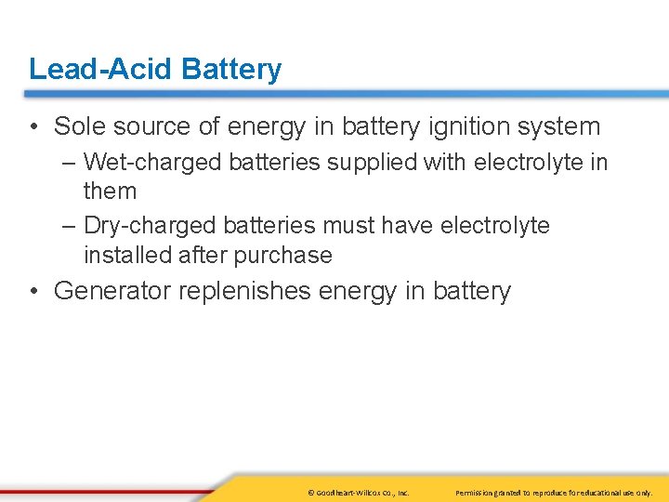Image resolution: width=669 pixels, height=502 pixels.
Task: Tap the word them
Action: [x=110, y=192]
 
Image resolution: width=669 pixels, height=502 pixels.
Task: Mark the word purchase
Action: [x=286, y=255]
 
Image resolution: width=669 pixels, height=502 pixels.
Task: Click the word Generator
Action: [x=112, y=291]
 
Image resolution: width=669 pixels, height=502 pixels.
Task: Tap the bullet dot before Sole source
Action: [x=33, y=126]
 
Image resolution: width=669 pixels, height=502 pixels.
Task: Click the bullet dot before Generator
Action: [x=33, y=291]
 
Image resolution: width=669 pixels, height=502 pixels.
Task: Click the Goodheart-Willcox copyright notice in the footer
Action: [x=357, y=492]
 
